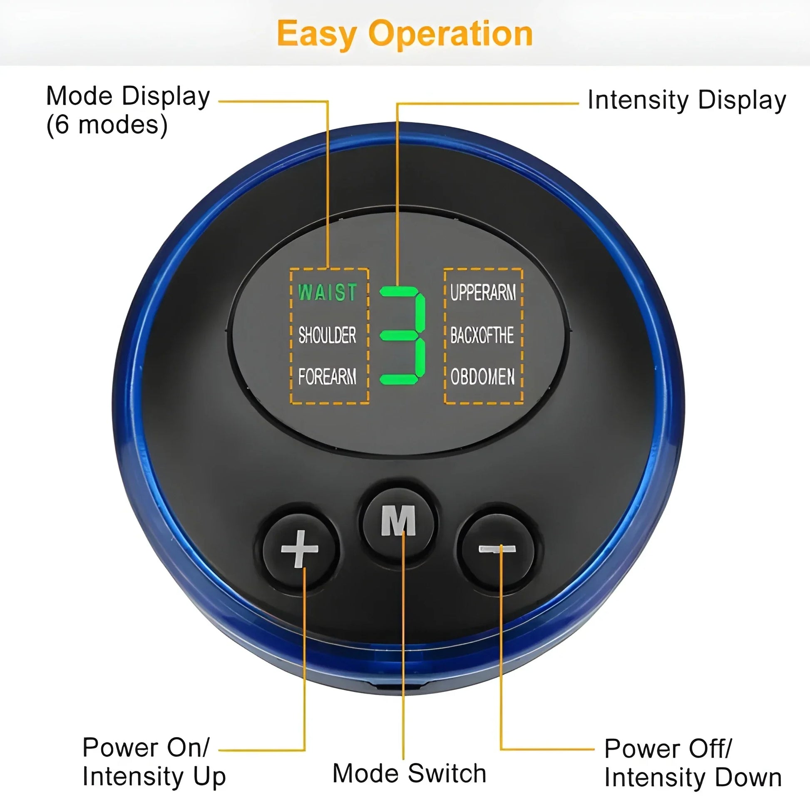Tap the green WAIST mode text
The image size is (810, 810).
click(327, 292)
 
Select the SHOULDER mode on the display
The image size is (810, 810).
click(327, 335)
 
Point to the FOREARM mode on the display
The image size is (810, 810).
click(327, 376)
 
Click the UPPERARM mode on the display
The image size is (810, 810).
click(483, 292)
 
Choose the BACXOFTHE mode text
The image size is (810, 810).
click(482, 335)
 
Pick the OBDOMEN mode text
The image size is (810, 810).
click(482, 377)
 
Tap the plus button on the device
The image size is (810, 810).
click(299, 549)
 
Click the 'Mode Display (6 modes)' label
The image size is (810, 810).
click(128, 110)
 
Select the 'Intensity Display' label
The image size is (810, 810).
click(686, 101)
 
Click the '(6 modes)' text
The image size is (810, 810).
click(107, 125)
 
